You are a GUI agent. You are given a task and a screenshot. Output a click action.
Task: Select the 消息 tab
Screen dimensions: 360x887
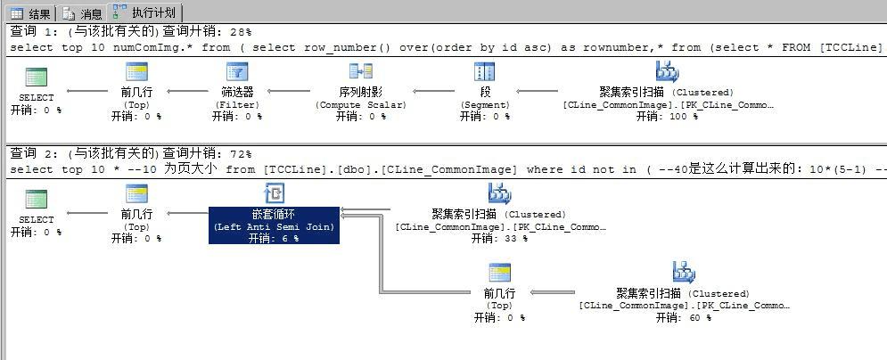pyautogui.click(x=83, y=13)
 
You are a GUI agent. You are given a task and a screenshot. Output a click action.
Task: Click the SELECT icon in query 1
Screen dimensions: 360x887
pyautogui.click(x=37, y=77)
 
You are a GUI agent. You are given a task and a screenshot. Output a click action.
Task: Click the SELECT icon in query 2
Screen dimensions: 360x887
pyautogui.click(x=37, y=198)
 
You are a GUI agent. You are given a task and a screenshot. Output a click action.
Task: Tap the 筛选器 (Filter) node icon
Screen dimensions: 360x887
pyautogui.click(x=237, y=72)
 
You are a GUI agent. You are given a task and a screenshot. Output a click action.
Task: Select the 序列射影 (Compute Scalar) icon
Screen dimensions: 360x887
pyautogui.click(x=361, y=72)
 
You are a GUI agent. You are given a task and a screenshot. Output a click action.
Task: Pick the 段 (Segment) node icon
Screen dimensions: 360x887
pyautogui.click(x=485, y=72)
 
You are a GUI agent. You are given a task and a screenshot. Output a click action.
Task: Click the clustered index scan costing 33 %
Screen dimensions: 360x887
pyautogui.click(x=499, y=193)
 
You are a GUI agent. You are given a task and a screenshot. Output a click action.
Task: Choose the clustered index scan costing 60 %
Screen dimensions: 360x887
pyautogui.click(x=683, y=272)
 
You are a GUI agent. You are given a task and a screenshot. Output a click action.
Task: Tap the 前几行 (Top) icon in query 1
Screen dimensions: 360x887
pyautogui.click(x=136, y=72)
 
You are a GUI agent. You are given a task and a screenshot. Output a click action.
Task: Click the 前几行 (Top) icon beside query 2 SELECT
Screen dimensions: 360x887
pyautogui.click(x=136, y=193)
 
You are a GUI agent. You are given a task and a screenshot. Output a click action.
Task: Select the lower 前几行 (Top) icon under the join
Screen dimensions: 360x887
pyautogui.click(x=499, y=272)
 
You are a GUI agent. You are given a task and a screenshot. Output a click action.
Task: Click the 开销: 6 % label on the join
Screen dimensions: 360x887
pyautogui.click(x=274, y=238)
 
